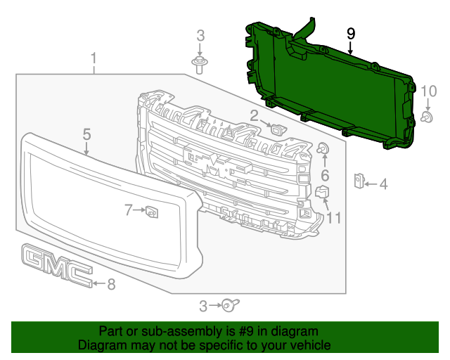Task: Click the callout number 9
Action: (351, 34)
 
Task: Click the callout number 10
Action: (429, 90)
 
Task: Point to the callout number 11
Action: (333, 218)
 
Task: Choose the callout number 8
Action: (110, 284)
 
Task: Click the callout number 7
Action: (129, 210)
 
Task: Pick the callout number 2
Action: (254, 115)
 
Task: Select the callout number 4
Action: (383, 185)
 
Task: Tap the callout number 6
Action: (325, 174)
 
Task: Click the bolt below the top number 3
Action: (200, 65)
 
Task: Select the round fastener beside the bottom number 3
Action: (229, 305)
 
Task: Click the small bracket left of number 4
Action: (358, 181)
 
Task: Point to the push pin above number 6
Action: (324, 148)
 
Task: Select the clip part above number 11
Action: (323, 192)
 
